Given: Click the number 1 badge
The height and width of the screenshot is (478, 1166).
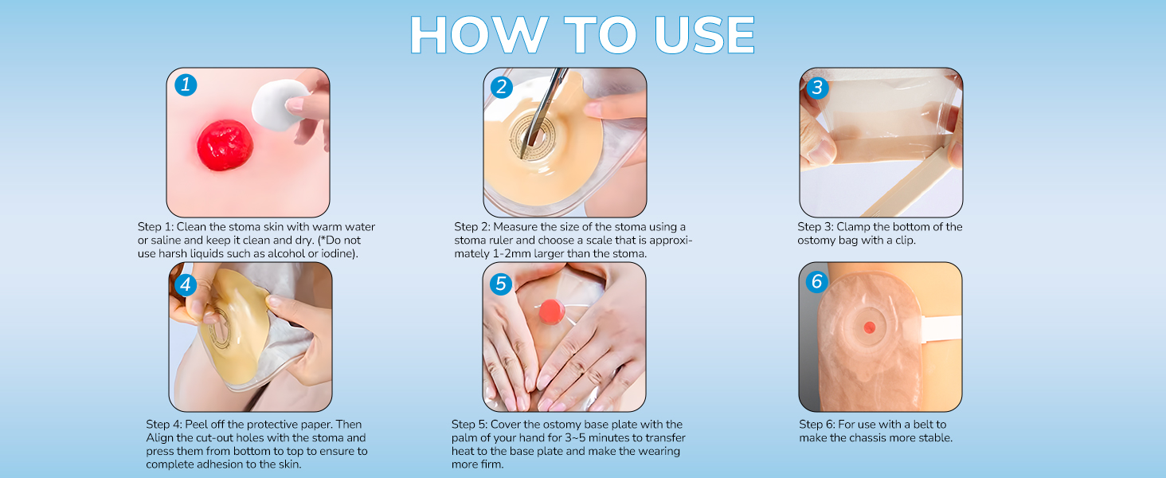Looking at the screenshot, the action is tap(186, 85).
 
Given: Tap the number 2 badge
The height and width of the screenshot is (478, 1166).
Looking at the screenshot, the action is tap(501, 87).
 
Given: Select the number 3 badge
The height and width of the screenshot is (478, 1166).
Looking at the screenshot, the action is tap(817, 88).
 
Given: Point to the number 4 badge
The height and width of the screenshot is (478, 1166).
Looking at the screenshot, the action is tap(186, 285).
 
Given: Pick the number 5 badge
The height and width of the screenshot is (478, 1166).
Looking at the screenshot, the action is tap(501, 284).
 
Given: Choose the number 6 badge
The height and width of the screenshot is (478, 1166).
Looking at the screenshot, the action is tap(816, 282).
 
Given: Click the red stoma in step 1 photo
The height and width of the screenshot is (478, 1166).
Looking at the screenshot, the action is tap(225, 145).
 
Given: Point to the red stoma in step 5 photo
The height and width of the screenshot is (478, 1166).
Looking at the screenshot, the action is tap(552, 311).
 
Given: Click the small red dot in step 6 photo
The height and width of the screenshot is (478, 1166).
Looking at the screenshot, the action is tap(869, 327).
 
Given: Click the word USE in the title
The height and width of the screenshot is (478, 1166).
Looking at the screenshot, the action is tap(705, 35).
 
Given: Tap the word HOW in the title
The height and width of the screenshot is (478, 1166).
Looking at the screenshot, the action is tap(479, 35).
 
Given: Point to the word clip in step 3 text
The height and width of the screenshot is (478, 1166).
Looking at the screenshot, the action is tap(905, 240).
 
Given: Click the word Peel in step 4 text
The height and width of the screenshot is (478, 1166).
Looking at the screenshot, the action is tap(196, 425).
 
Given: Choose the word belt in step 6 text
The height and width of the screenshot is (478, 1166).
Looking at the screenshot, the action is tap(924, 425).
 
